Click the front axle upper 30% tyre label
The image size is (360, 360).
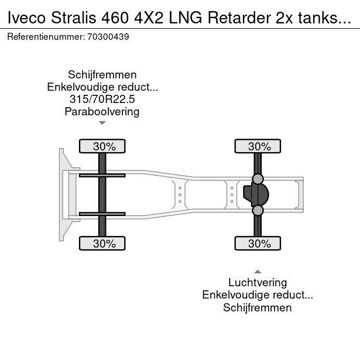pyautogui.click(x=102, y=146)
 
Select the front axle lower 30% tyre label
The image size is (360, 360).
pyautogui.click(x=102, y=244)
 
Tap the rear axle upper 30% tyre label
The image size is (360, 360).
pyautogui.click(x=258, y=146)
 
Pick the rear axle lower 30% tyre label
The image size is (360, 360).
pyautogui.click(x=258, y=244)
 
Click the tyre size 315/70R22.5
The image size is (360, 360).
pyautogui.click(x=102, y=100)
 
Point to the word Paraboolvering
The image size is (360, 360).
pyautogui.click(x=102, y=112)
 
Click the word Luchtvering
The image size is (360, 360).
pyautogui.click(x=258, y=283)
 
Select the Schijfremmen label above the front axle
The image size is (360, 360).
pyautogui.click(x=102, y=75)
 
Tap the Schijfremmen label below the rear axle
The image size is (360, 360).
pyautogui.click(x=258, y=308)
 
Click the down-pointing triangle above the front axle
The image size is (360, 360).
pyautogui.click(x=102, y=123)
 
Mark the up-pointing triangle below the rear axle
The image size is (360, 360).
pyautogui.click(x=258, y=271)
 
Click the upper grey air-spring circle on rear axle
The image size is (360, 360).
pyautogui.click(x=258, y=179)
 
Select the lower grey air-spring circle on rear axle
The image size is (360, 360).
pyautogui.click(x=258, y=210)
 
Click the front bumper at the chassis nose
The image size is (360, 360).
pyautogui.click(x=61, y=194)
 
